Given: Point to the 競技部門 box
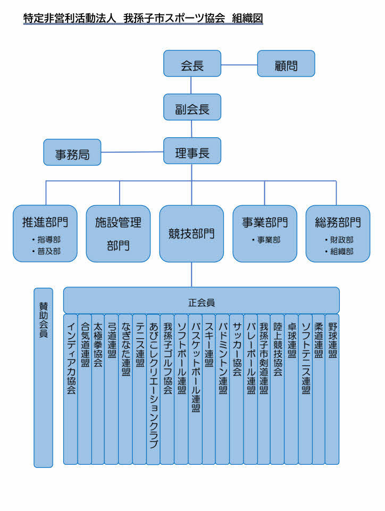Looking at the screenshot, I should point(191,233).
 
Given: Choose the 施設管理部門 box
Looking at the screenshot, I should point(118,233).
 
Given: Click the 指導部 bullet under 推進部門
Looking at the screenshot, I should point(47,240).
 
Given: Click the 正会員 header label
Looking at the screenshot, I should point(202,301).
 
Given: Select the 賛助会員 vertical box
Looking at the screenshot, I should point(44,378).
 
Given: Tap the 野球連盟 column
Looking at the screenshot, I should point(332,388).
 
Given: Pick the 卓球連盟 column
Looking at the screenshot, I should point(291,388).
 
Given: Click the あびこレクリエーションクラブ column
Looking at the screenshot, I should point(153,388).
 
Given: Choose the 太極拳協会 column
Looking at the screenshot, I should point(98,388).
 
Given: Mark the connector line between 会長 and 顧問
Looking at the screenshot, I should point(239,65).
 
